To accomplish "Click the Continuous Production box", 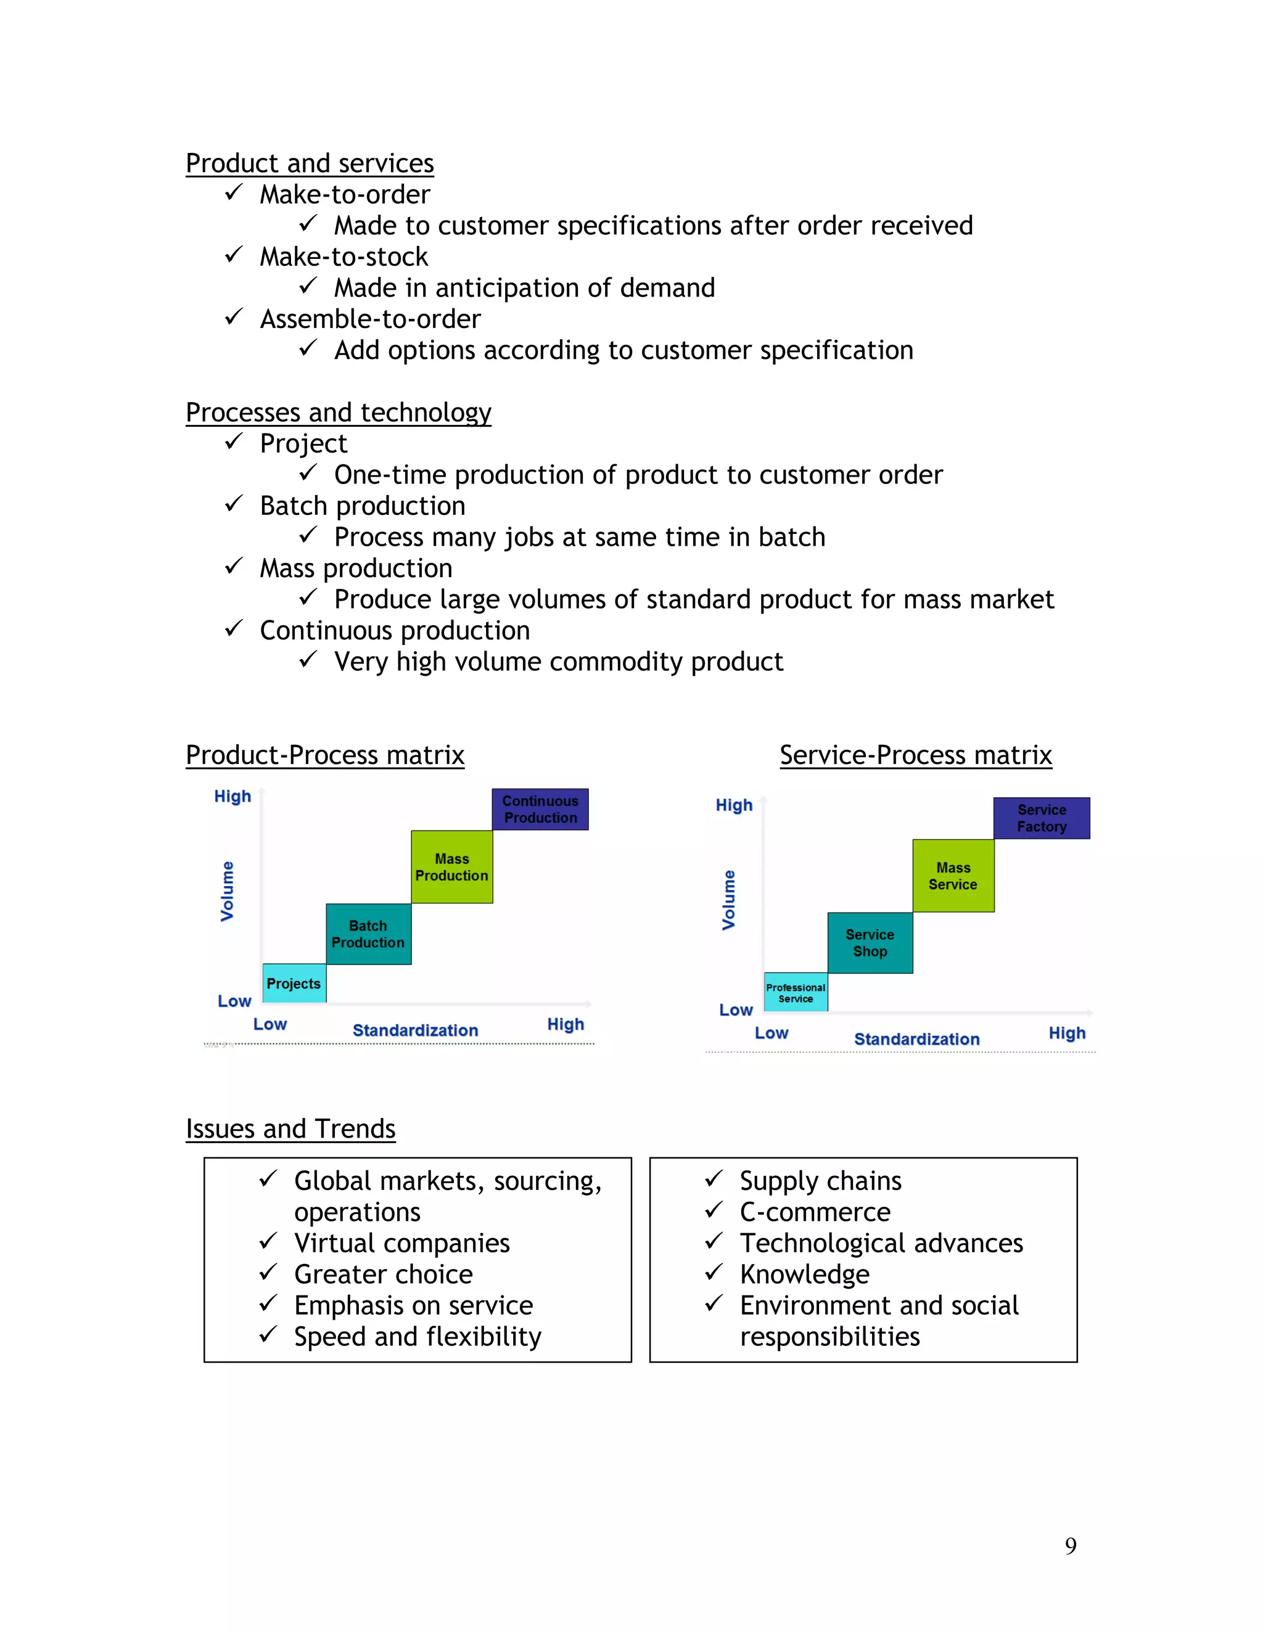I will point(540,809).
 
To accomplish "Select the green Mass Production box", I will point(452,866).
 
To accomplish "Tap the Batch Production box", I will point(368,934).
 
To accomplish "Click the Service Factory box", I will point(1042,818).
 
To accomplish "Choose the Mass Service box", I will point(953,876).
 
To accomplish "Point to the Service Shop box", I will point(870,943).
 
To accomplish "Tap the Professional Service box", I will point(796,993).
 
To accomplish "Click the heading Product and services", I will point(310,163).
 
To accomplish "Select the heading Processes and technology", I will point(338,413).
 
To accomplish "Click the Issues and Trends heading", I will point(290,1128).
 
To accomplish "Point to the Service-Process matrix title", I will point(916,755).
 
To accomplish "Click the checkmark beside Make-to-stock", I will point(234,255).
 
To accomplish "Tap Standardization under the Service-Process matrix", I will point(916,1039).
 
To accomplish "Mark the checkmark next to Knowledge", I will point(714,1272).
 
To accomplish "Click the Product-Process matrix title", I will point(325,755).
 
